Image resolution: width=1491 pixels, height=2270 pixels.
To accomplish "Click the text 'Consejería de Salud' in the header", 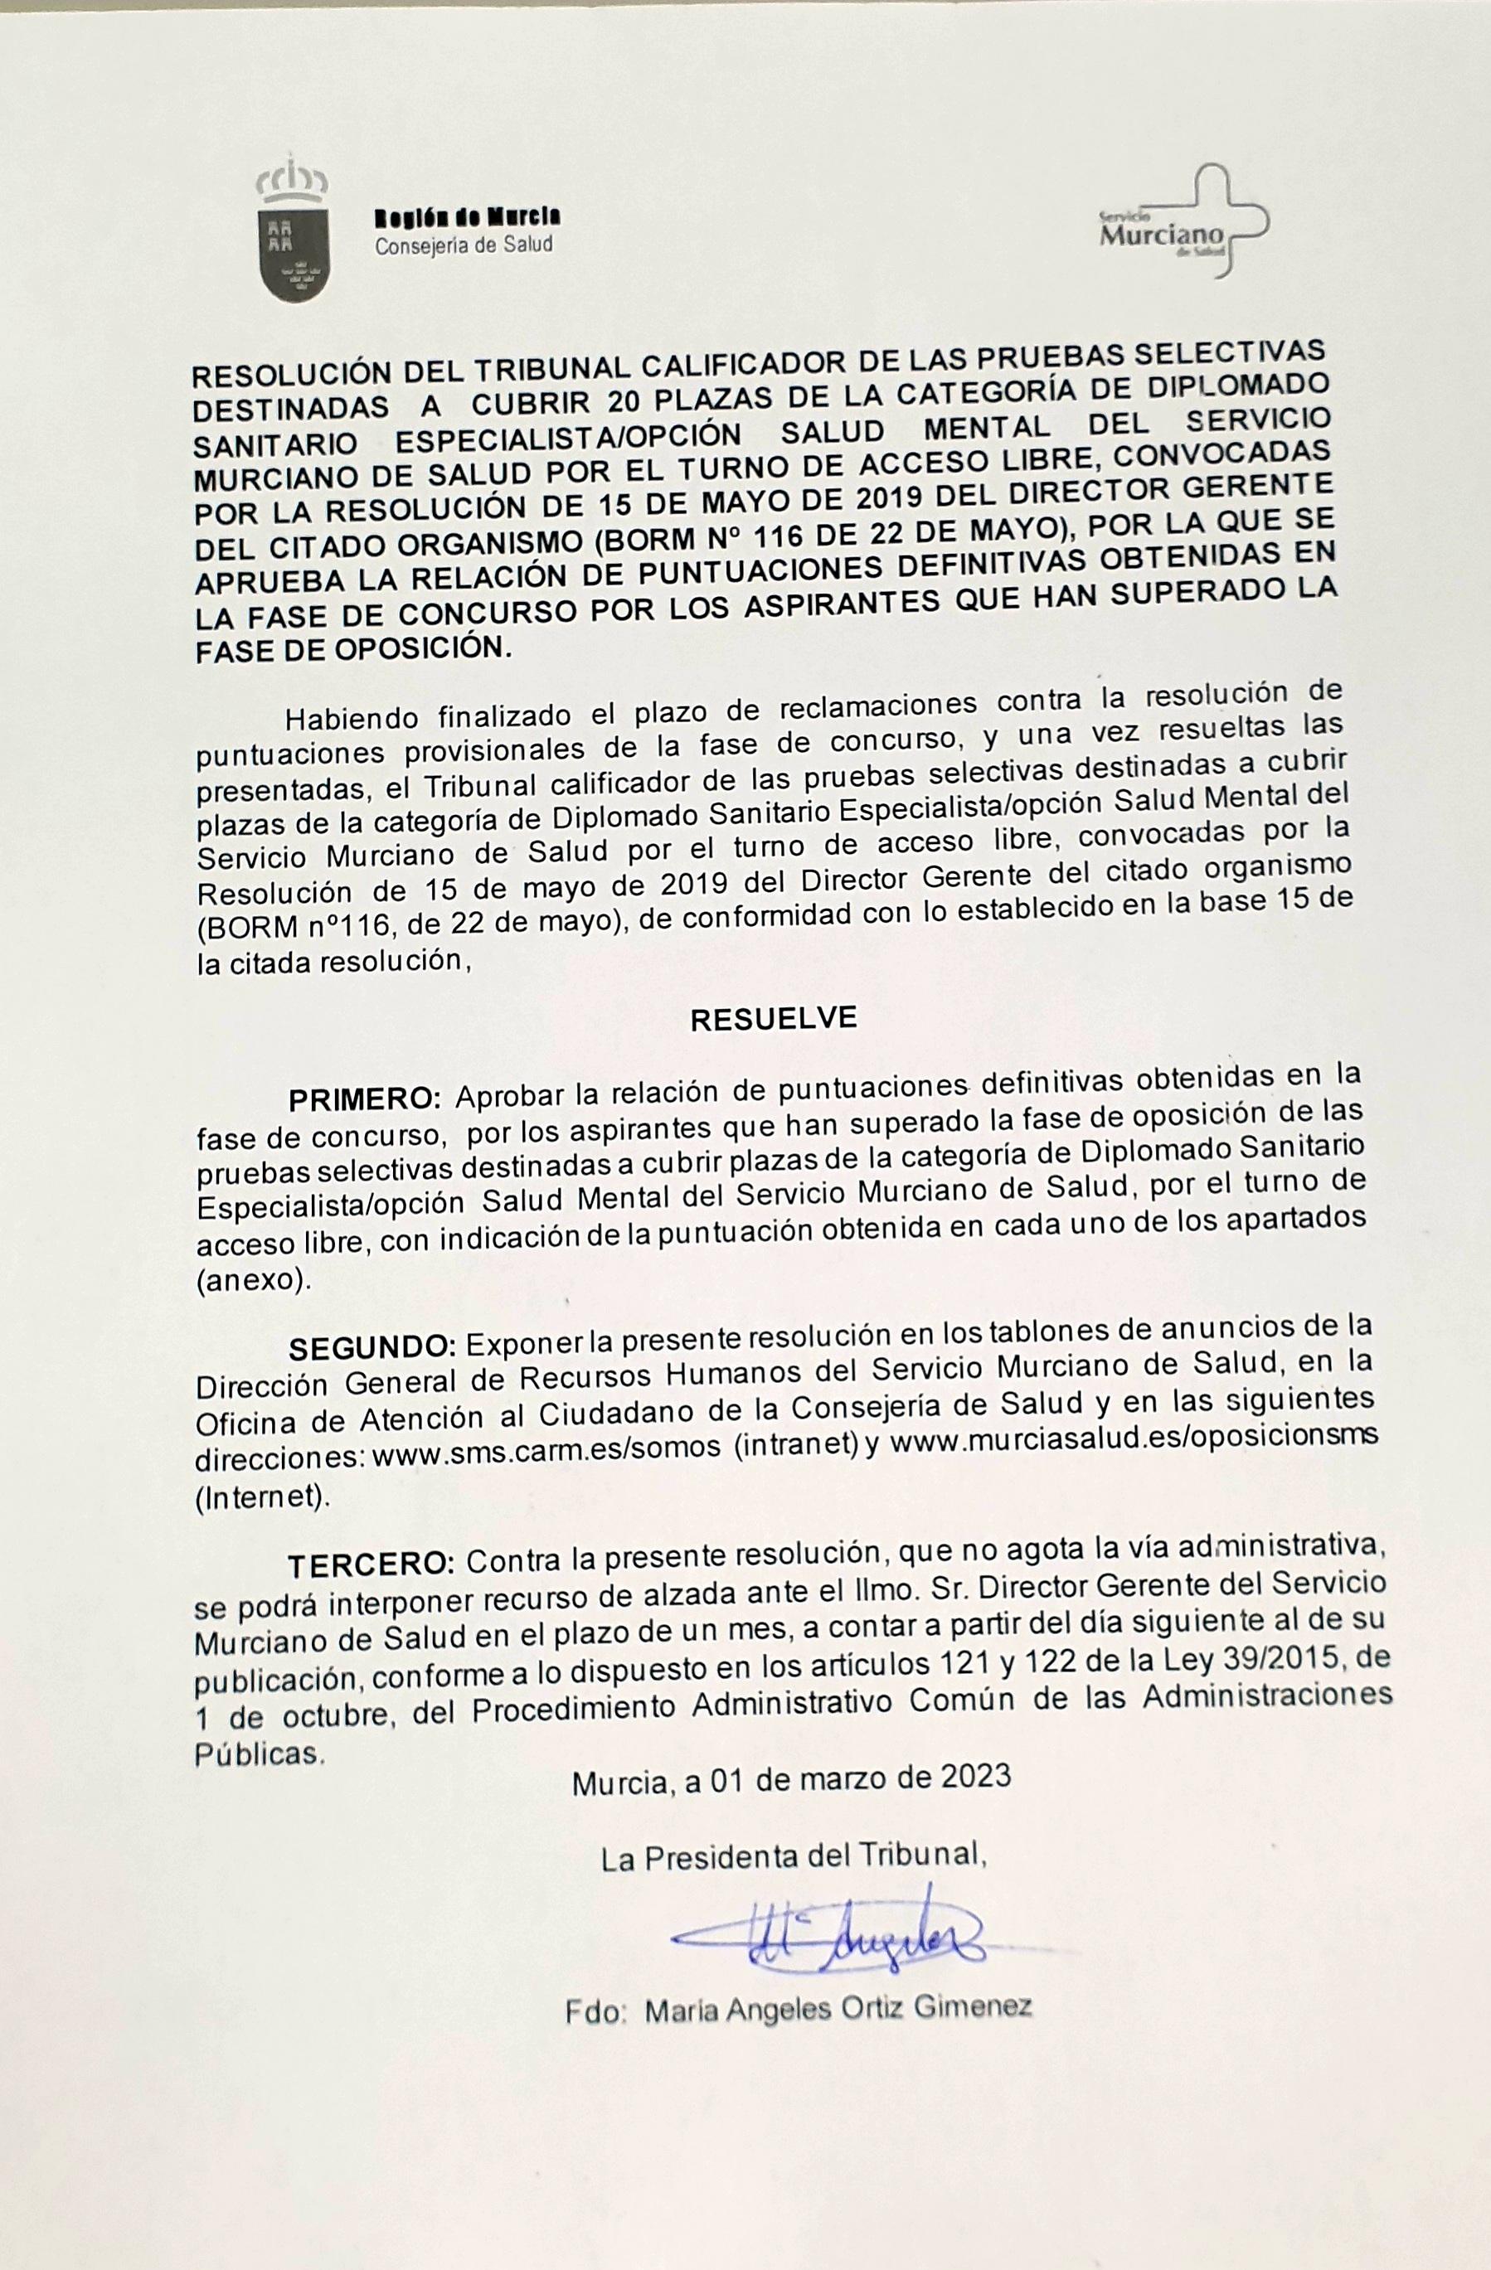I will pyautogui.click(x=464, y=245).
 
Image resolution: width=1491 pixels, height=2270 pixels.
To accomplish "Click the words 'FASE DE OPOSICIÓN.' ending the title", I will pyautogui.click(x=353, y=649).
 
